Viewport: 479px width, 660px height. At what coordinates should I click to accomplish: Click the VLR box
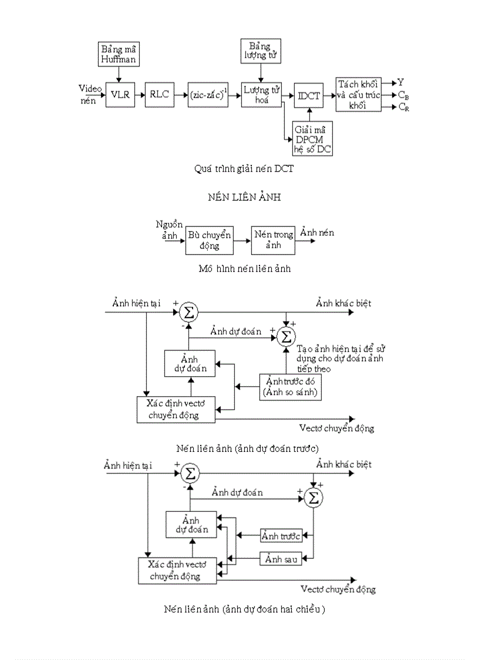coord(119,93)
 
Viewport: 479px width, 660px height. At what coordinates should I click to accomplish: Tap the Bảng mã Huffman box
coord(119,53)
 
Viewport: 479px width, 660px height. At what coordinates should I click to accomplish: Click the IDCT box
coord(309,96)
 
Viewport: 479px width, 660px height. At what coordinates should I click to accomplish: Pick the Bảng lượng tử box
coord(261,52)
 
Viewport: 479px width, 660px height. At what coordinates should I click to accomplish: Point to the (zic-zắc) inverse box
coord(208,94)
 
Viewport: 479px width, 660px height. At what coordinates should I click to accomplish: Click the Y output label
coord(401,82)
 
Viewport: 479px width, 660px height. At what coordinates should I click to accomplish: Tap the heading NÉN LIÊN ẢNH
coord(244,197)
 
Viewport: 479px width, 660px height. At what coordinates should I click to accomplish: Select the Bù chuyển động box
coord(210,240)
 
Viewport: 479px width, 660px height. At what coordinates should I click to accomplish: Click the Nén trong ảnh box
coord(273,240)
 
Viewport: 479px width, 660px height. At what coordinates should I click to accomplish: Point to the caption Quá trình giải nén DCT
coord(244,169)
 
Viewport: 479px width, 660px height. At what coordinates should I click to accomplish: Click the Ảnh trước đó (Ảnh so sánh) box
coord(291,387)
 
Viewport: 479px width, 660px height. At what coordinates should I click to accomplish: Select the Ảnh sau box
coord(281,559)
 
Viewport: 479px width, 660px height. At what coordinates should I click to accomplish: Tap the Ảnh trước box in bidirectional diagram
coord(281,535)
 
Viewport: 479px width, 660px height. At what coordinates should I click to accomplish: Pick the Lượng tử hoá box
coord(261,95)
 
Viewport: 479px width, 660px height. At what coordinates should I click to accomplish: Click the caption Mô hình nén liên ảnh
coord(245,269)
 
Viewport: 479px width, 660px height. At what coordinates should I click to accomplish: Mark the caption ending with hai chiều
coord(245,609)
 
